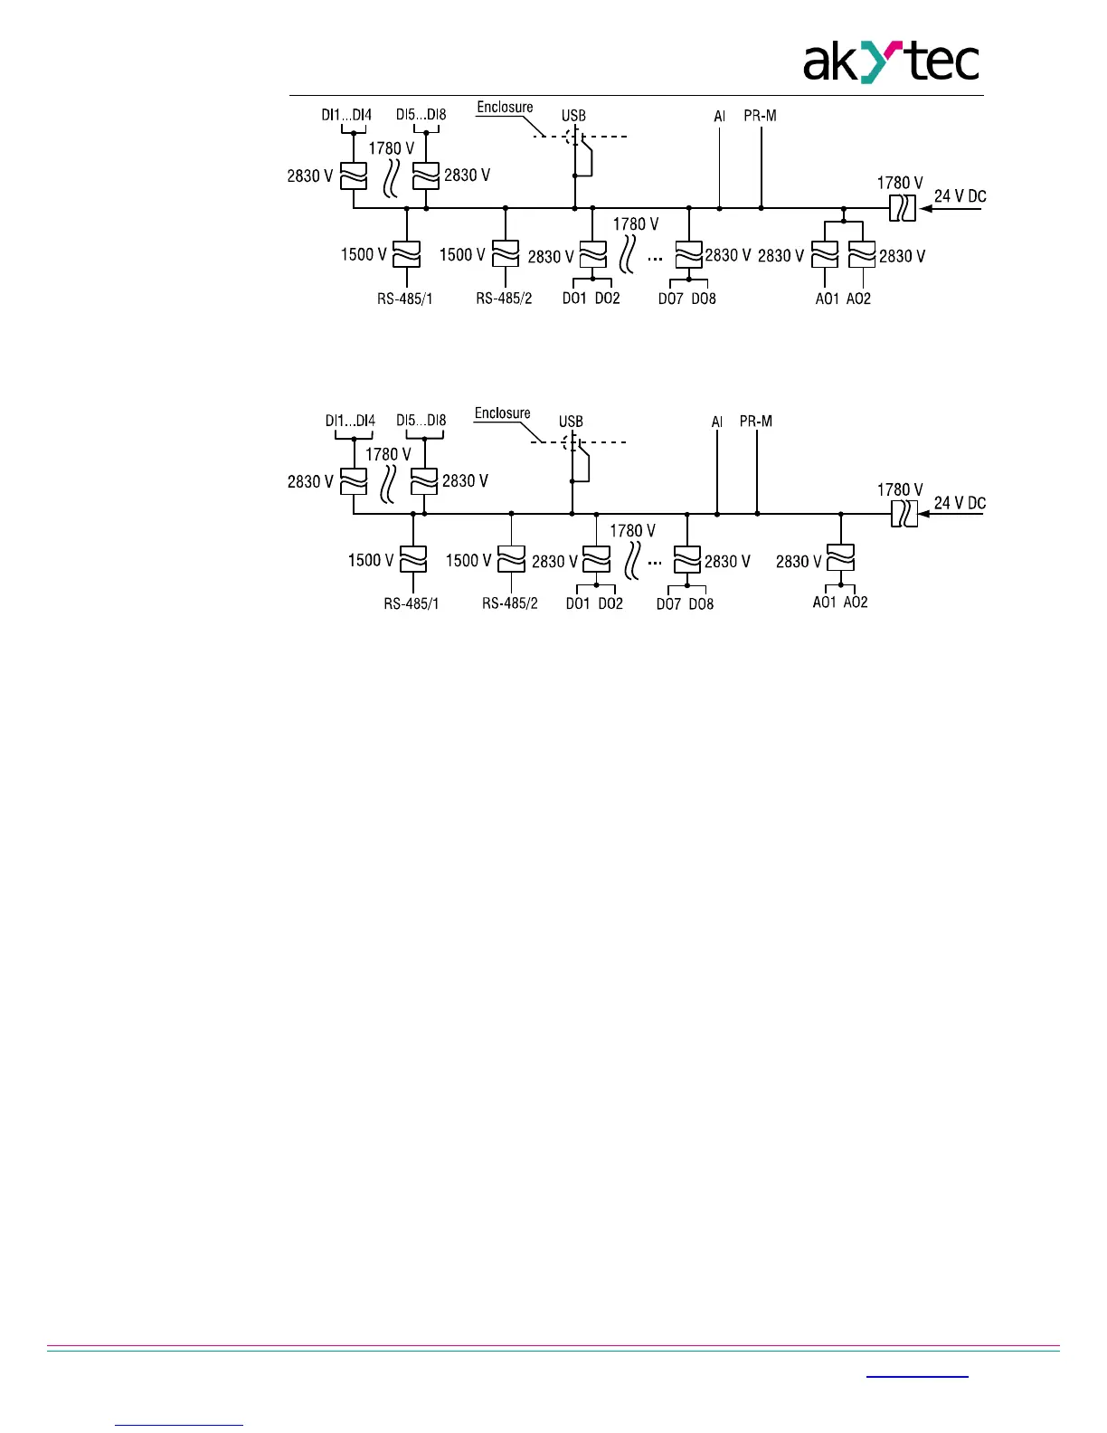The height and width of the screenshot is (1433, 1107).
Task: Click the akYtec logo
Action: pyautogui.click(x=891, y=62)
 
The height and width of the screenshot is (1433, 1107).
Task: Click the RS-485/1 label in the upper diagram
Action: pyautogui.click(x=405, y=299)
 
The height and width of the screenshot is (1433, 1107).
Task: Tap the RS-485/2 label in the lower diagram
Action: pyautogui.click(x=509, y=603)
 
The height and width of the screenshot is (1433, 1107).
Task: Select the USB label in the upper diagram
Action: pyautogui.click(x=573, y=116)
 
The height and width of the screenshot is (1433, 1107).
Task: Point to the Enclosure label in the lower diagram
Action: pyautogui.click(x=502, y=413)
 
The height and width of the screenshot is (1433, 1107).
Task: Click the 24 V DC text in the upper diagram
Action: pyautogui.click(x=960, y=196)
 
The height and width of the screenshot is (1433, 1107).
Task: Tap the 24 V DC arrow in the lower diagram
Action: pyautogui.click(x=951, y=515)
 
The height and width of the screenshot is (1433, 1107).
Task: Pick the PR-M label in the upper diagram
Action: pyautogui.click(x=760, y=116)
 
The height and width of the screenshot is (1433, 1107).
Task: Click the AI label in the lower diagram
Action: pyautogui.click(x=717, y=422)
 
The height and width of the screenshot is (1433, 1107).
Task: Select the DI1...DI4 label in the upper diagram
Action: pyautogui.click(x=346, y=115)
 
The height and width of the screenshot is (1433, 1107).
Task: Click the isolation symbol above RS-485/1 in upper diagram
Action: pyautogui.click(x=407, y=254)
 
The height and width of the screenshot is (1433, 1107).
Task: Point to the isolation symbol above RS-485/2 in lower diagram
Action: pyautogui.click(x=512, y=560)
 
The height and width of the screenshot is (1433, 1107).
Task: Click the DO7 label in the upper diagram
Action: pyautogui.click(x=670, y=299)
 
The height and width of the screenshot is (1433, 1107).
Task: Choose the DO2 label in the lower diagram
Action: pyautogui.click(x=610, y=603)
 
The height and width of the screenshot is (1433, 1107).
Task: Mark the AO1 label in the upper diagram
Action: pyautogui.click(x=828, y=299)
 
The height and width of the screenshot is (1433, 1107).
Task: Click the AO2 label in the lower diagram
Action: pyautogui.click(x=856, y=603)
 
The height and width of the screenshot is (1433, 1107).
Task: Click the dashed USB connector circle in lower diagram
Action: pyautogui.click(x=571, y=442)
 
